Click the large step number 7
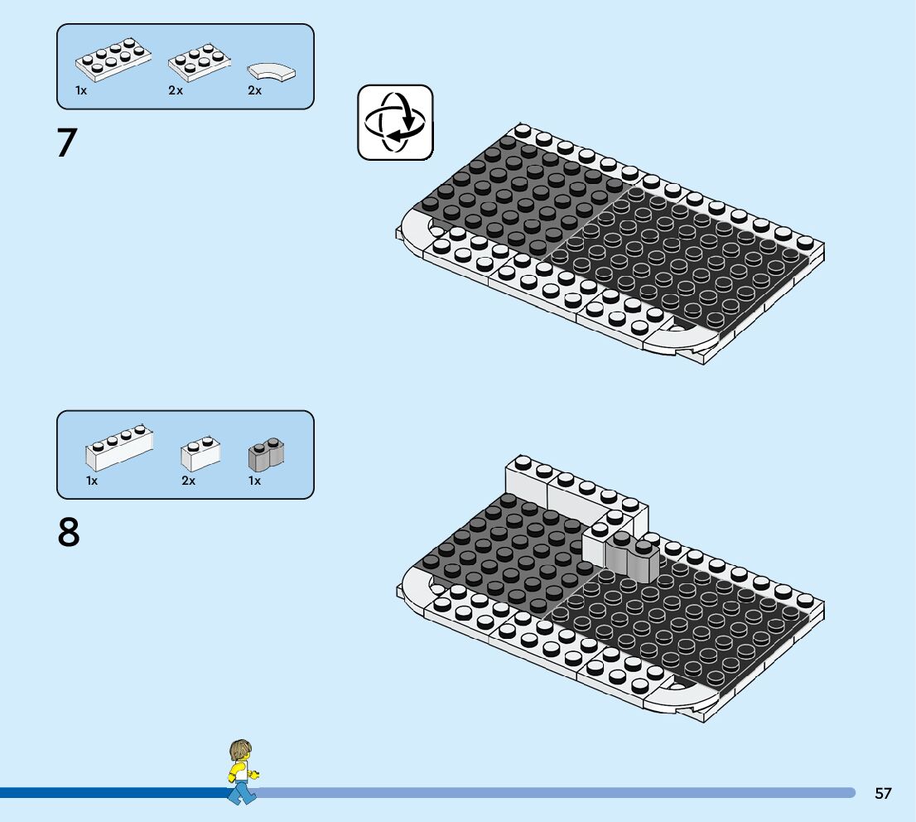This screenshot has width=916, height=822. (66, 143)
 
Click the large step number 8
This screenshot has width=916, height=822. (69, 533)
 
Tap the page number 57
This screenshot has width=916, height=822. (883, 793)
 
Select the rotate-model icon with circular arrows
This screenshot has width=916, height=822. (395, 122)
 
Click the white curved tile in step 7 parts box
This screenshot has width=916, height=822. (272, 72)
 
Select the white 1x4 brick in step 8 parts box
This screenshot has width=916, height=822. (119, 447)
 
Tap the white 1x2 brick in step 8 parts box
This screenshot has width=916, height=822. (200, 454)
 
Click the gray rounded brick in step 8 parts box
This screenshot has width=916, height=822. (266, 454)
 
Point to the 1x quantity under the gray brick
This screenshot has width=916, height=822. (254, 481)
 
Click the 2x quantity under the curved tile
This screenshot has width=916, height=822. (254, 90)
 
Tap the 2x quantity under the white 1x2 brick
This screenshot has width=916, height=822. (188, 481)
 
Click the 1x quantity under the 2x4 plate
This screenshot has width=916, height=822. (81, 90)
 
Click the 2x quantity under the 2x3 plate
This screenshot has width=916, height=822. (175, 90)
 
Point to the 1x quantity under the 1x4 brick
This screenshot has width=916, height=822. (92, 481)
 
